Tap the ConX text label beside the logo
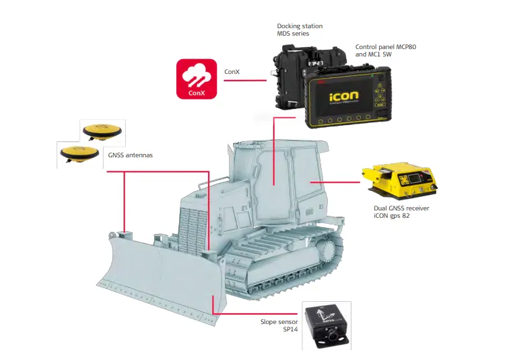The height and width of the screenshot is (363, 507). (x=232, y=71)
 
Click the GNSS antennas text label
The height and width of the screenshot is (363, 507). (x=131, y=155)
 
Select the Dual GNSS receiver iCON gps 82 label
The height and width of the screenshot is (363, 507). (x=401, y=212)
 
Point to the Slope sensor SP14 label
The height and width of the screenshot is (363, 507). (x=278, y=326)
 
